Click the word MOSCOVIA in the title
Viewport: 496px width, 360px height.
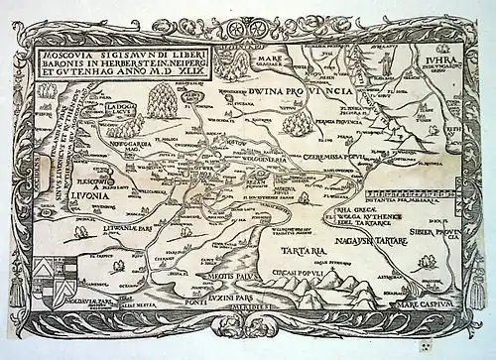pyautogui.click(x=80, y=51)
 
